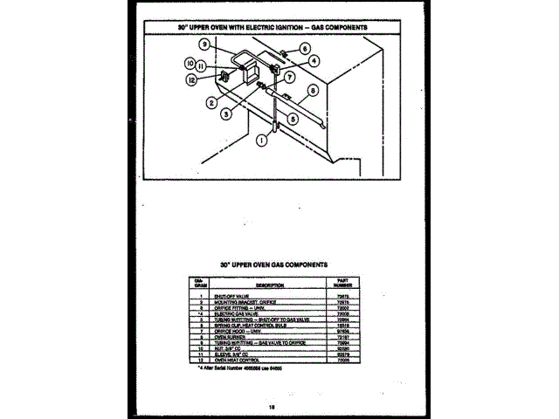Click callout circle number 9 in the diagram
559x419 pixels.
pyautogui.click(x=203, y=45)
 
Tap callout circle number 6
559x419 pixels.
pyautogui.click(x=306, y=50)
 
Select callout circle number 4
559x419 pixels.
pyautogui.click(x=314, y=61)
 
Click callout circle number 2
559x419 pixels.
pyautogui.click(x=211, y=102)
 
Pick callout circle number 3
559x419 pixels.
pyautogui.click(x=225, y=113)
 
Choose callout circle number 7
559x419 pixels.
pyautogui.click(x=289, y=77)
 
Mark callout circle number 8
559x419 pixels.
pyautogui.click(x=313, y=90)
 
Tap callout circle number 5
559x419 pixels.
pyautogui.click(x=293, y=118)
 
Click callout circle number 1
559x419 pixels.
pyautogui.click(x=260, y=139)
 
